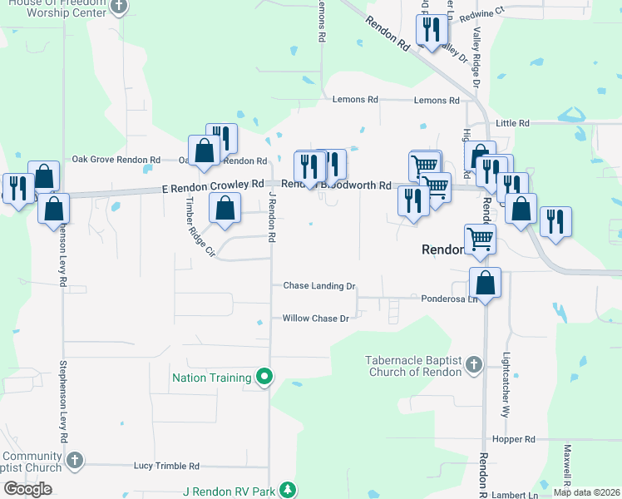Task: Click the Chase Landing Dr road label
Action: (x=319, y=286)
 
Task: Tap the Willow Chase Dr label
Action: (x=315, y=319)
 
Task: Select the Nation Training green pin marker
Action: (x=264, y=378)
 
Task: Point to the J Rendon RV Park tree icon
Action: (x=288, y=491)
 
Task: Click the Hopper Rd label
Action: (x=513, y=439)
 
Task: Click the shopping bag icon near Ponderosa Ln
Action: (x=486, y=284)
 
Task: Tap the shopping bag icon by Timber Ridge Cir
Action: (x=225, y=209)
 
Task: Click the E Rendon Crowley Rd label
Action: (x=213, y=190)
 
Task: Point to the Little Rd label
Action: (x=512, y=123)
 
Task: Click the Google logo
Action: (x=28, y=488)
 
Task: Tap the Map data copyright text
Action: (x=585, y=492)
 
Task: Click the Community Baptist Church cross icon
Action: (x=74, y=460)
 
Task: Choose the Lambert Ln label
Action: (x=515, y=495)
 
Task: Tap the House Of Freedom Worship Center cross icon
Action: (x=118, y=7)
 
